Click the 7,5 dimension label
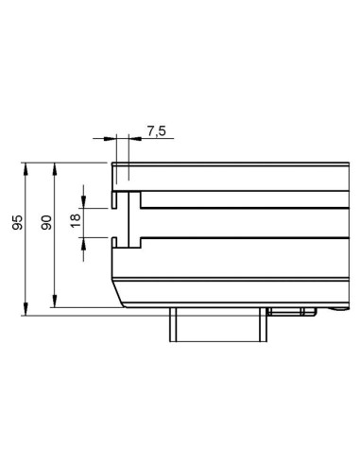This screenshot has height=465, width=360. [157, 130]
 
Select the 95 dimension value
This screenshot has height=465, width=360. [18, 222]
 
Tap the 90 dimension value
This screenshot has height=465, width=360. [46, 222]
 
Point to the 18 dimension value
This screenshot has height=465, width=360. [76, 220]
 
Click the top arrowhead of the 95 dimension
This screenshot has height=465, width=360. [26, 168]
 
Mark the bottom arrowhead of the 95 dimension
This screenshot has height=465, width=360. [26, 309]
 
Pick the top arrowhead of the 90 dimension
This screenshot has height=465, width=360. [55, 168]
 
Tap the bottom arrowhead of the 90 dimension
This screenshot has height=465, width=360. [55, 301]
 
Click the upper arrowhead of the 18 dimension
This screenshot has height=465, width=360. [83, 202]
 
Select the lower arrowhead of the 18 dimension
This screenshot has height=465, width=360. [83, 244]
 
